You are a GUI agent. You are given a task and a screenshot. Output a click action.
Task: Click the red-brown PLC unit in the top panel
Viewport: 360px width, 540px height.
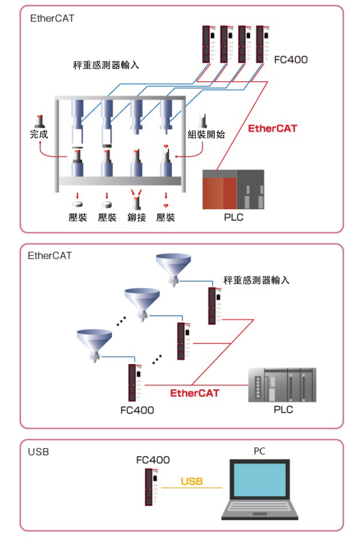pyautogui.click(x=233, y=189)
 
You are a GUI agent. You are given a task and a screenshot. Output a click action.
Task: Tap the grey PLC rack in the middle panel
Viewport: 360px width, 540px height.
pyautogui.click(x=282, y=385)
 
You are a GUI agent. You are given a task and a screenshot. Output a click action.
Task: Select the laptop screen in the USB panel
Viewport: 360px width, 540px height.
pyautogui.click(x=260, y=480)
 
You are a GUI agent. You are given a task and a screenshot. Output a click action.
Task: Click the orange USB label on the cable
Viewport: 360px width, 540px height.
pyautogui.click(x=191, y=481)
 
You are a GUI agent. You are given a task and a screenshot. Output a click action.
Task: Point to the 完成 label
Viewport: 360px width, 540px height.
pyautogui.click(x=39, y=134)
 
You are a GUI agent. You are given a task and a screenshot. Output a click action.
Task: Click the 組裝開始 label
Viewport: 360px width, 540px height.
pyautogui.click(x=206, y=134)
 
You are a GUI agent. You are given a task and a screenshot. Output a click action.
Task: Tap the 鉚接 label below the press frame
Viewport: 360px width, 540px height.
pyautogui.click(x=137, y=217)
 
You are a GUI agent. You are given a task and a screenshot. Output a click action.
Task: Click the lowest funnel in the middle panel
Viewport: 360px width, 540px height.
pyautogui.click(x=94, y=345)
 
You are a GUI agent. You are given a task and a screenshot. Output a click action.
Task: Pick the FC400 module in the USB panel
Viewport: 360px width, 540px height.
pyautogui.click(x=151, y=487)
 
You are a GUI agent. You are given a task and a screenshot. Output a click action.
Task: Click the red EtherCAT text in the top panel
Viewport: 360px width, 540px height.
pyautogui.click(x=273, y=129)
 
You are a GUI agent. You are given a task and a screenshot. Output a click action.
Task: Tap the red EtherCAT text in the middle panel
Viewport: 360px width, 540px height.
pyautogui.click(x=195, y=393)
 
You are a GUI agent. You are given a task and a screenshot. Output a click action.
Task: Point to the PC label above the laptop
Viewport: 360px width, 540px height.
pyautogui.click(x=259, y=451)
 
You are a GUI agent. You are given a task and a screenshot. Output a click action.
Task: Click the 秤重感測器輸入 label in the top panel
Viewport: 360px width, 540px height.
pyautogui.click(x=106, y=65)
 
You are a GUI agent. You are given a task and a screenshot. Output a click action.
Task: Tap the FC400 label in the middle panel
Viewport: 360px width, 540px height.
pyautogui.click(x=137, y=410)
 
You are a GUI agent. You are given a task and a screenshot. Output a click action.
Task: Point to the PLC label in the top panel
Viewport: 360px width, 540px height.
pyautogui.click(x=234, y=217)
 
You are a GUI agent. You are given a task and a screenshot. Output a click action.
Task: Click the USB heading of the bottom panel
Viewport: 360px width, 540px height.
pyautogui.click(x=38, y=451)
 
